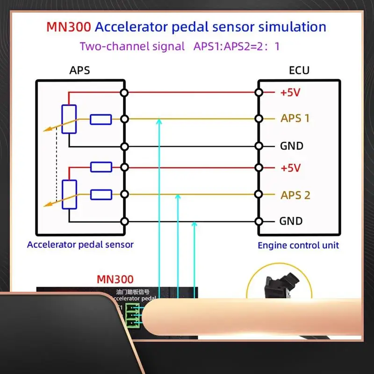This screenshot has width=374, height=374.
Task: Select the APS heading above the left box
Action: coord(79,71)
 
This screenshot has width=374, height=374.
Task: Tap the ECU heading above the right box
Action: coord(299,71)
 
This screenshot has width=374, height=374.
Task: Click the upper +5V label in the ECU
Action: coord(290,93)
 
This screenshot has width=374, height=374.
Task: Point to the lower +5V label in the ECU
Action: coord(290,167)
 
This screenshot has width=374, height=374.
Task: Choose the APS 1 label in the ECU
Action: coord(295,118)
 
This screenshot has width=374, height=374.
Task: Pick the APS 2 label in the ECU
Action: coord(295,195)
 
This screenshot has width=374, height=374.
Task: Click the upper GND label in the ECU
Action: coord(292,146)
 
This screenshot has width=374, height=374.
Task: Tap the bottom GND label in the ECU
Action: coord(291,221)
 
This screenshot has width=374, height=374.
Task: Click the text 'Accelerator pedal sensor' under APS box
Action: coord(80,245)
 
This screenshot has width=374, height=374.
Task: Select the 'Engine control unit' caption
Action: coord(298,245)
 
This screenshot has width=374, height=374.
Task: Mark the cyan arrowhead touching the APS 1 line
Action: coord(159,122)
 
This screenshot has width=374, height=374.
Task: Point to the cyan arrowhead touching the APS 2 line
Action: coord(178,198)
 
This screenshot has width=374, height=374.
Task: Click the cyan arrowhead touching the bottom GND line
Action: coord(194,225)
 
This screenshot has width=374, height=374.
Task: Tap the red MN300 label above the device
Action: coord(115,280)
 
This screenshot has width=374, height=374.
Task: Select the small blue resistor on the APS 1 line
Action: coord(101,120)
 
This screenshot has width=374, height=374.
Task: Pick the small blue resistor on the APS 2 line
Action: coord(101,194)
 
